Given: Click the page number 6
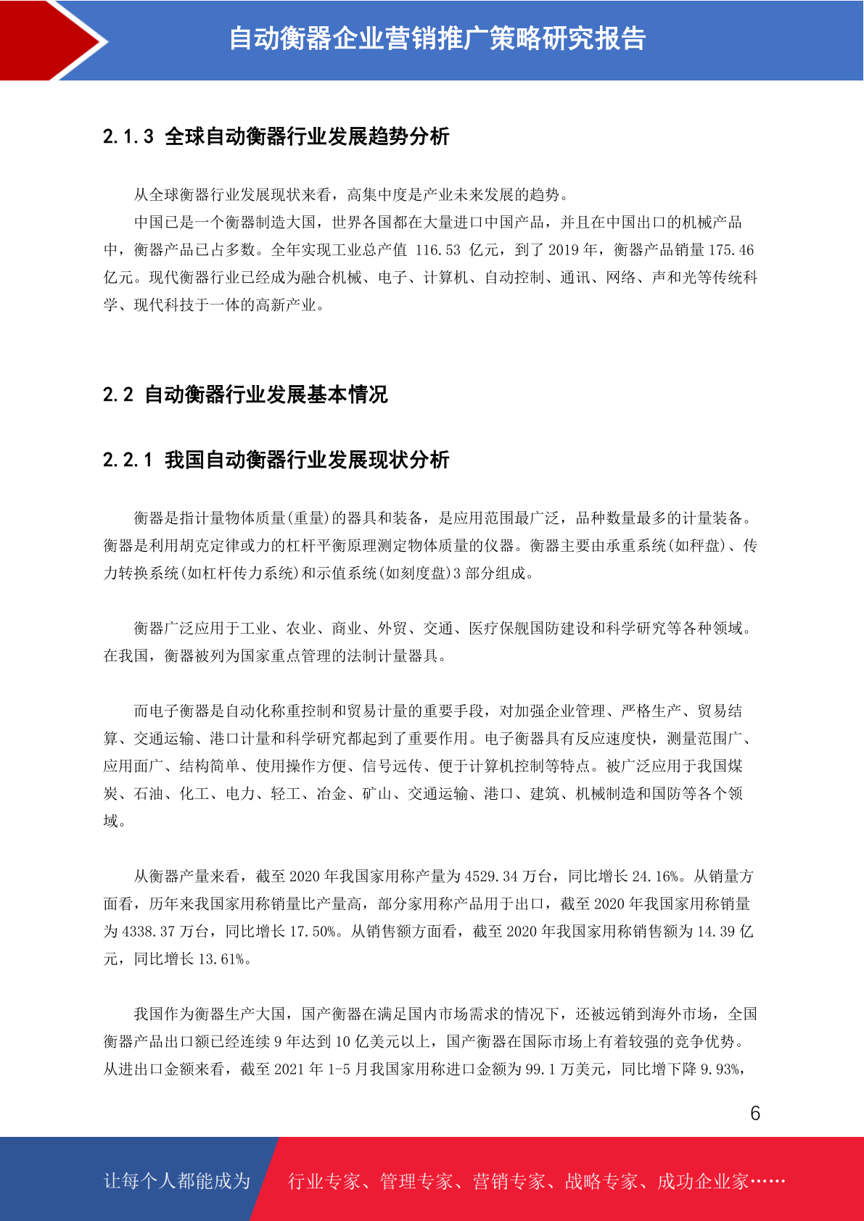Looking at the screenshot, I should [x=755, y=1114].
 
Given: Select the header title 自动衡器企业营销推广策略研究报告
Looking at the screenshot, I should [x=437, y=39].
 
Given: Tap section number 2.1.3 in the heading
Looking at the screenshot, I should [x=128, y=136].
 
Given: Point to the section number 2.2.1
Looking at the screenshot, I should [x=128, y=460].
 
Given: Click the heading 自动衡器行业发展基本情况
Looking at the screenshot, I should [x=266, y=394].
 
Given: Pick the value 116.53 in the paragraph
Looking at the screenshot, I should [x=438, y=250].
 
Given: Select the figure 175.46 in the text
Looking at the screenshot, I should [x=731, y=250].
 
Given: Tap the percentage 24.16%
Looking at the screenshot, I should [x=656, y=877].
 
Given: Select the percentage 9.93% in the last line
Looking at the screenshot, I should [x=720, y=1069].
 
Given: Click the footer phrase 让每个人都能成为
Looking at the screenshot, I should [x=177, y=1181].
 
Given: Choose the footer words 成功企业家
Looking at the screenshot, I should [x=702, y=1181].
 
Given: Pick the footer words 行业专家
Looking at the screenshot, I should [x=325, y=1181].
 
